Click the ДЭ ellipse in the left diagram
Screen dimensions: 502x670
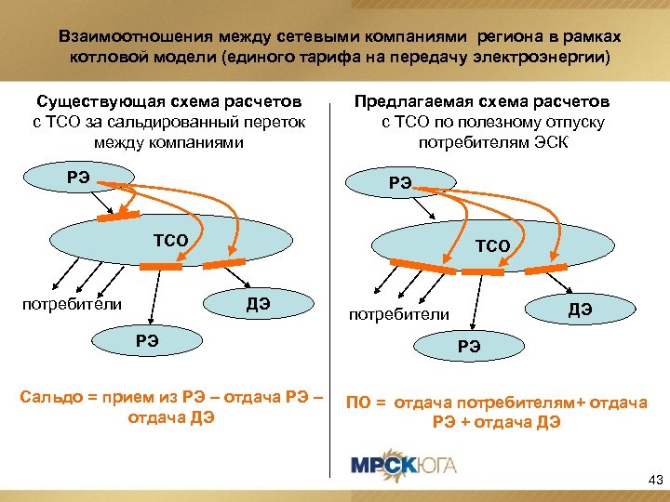pyautogui.click(x=257, y=303)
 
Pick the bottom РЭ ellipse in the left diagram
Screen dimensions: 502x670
pyautogui.click(x=147, y=338)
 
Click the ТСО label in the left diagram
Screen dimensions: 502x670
pyautogui.click(x=170, y=241)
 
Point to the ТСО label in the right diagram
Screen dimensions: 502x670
pyautogui.click(x=492, y=245)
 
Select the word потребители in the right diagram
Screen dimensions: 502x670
pyautogui.click(x=398, y=315)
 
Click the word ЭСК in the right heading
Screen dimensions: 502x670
pyautogui.click(x=551, y=142)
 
